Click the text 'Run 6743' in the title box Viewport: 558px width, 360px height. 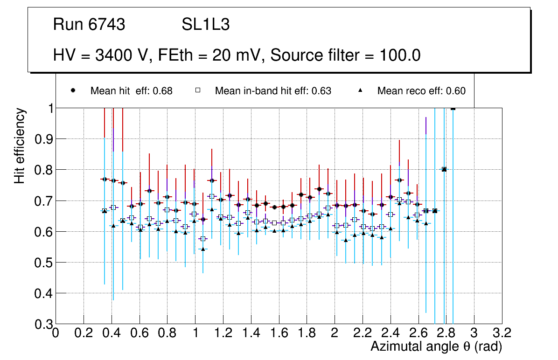pos(89,25)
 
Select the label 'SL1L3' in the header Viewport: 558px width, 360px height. pos(205,25)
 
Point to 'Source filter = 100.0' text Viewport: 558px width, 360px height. pos(346,55)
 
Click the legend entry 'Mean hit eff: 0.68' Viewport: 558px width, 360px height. pos(131,91)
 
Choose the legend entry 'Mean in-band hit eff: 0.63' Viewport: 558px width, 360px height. pos(273,91)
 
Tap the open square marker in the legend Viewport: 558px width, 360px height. pos(198,90)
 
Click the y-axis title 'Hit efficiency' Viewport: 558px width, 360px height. pos(20,145)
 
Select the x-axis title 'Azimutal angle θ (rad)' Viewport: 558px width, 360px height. pos(436,346)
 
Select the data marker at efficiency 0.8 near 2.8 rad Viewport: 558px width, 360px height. pos(444,169)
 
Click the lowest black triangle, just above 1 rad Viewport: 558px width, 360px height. pos(203,249)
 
